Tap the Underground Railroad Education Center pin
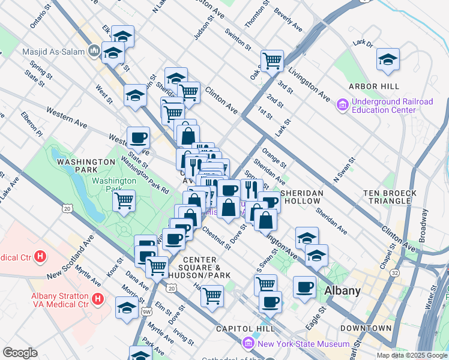(343, 106)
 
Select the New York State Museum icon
(248, 344)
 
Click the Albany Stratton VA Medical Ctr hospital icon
(98, 298)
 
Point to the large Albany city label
(342, 291)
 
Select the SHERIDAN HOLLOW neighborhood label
(302, 197)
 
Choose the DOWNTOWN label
(366, 328)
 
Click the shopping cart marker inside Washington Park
(124, 200)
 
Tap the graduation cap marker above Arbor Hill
(388, 59)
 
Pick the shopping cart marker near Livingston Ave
(272, 60)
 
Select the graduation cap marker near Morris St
(126, 308)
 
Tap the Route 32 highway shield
(394, 272)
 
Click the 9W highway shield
(146, 311)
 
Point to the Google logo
(20, 353)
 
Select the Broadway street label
(423, 225)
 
